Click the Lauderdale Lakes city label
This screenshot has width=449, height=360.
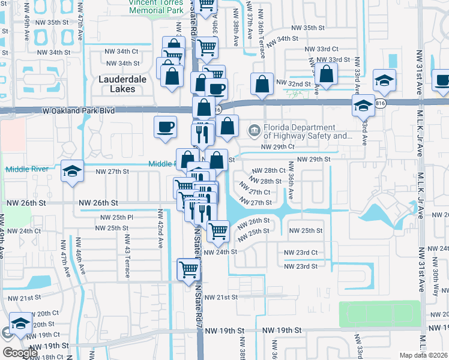[118, 83]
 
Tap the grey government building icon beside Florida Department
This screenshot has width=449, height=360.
[254, 130]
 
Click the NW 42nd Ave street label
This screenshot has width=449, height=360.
[161, 231]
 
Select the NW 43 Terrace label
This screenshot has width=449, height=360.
[127, 262]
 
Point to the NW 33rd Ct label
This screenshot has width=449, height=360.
[321, 49]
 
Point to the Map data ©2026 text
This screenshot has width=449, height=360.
[424, 355]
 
